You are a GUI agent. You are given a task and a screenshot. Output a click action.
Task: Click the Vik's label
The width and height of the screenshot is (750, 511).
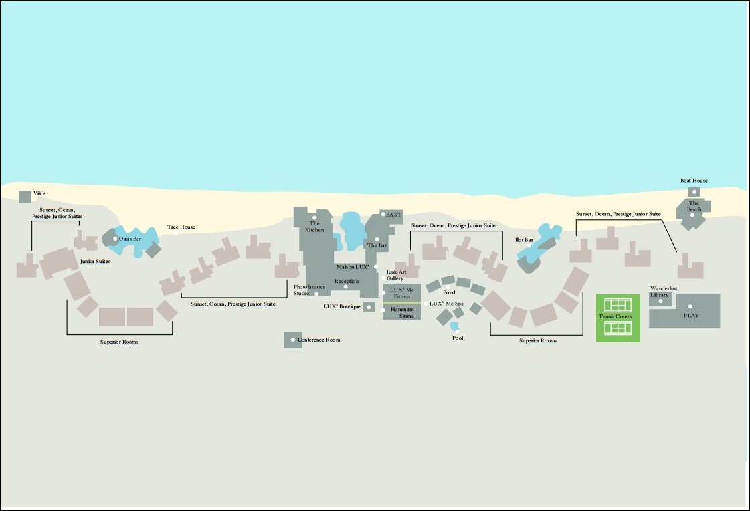[39, 193]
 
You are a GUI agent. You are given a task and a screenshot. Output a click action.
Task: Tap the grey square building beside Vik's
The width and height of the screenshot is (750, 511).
[25, 197]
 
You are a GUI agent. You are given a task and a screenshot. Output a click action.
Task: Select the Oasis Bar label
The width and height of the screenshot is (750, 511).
[130, 239]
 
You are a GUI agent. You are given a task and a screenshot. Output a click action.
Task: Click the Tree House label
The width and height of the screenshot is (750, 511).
[181, 227]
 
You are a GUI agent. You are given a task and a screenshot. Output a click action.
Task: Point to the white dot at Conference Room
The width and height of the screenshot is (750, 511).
[293, 340]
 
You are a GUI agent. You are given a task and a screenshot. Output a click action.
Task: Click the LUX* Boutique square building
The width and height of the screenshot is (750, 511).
[369, 307]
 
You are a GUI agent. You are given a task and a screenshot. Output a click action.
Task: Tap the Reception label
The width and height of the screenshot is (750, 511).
[347, 281]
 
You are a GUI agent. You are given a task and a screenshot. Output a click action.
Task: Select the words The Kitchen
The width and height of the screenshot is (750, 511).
[314, 227]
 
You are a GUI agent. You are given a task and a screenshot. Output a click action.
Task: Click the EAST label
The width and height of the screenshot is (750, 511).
[393, 215]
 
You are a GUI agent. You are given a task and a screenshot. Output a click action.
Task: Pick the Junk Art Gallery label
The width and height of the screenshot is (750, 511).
[396, 275]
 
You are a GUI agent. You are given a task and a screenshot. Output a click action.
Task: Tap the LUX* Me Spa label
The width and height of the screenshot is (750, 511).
[446, 304]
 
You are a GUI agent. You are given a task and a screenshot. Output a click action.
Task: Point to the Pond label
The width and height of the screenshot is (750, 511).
[449, 292]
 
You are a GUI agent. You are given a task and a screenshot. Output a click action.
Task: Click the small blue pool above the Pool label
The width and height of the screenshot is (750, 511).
[454, 326]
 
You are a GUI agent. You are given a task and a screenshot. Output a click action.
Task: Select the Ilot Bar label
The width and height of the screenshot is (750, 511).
[525, 240]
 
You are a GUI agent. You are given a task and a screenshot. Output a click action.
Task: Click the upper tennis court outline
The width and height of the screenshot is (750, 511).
[618, 305]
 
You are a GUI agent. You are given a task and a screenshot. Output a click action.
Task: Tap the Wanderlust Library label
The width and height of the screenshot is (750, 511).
[664, 292]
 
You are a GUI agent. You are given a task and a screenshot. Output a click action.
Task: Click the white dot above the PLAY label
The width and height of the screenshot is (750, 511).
[690, 306]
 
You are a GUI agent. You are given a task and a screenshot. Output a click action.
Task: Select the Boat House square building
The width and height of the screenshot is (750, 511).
[694, 192]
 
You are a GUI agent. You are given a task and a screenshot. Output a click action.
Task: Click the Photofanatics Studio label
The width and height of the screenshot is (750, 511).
[310, 290]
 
